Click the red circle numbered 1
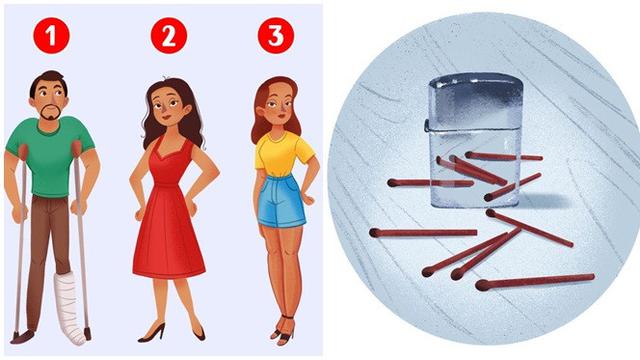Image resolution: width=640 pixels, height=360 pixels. [51, 36]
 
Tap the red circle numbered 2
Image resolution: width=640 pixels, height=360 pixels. [169, 36]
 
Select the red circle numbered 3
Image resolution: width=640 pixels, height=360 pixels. [276, 36]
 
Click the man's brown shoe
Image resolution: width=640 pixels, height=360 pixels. [22, 336]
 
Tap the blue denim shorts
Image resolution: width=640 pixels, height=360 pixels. [281, 201]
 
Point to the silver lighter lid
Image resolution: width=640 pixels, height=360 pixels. [476, 102]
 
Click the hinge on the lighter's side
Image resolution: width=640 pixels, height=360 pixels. [427, 125]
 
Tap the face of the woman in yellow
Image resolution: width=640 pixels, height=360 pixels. [277, 105]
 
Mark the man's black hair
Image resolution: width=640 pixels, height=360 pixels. [49, 82]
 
